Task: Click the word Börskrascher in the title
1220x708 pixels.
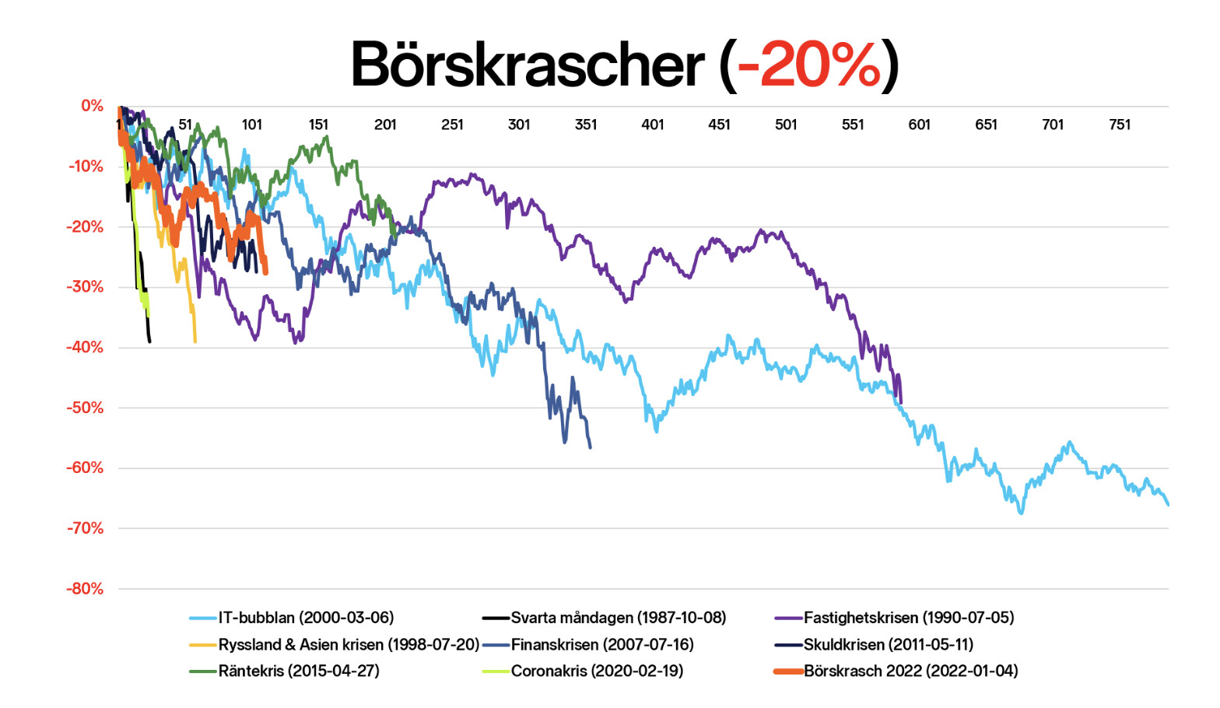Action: pos(527,65)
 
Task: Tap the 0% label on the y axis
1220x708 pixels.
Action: pos(92,106)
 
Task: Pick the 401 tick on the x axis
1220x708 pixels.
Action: pos(652,124)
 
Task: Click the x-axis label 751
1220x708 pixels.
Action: pos(1119,124)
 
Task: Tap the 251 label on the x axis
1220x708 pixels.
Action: pos(452,124)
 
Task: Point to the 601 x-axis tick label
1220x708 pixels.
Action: pos(919,124)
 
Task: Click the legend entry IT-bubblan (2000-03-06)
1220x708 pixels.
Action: pos(306,618)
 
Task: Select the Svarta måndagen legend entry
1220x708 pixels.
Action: pos(618,618)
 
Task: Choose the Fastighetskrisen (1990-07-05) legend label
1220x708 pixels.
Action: pos(908,618)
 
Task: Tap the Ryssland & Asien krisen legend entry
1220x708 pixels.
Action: pos(348,645)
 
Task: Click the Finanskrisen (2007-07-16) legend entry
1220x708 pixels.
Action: pos(601,645)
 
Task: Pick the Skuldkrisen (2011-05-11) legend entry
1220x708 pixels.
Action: pos(888,645)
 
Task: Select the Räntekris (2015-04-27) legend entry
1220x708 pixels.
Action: pos(299,671)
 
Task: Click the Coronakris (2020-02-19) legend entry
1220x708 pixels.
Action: pos(597,671)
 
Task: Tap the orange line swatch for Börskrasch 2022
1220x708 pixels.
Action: pos(788,671)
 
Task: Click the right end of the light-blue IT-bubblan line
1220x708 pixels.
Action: pos(1167,505)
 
